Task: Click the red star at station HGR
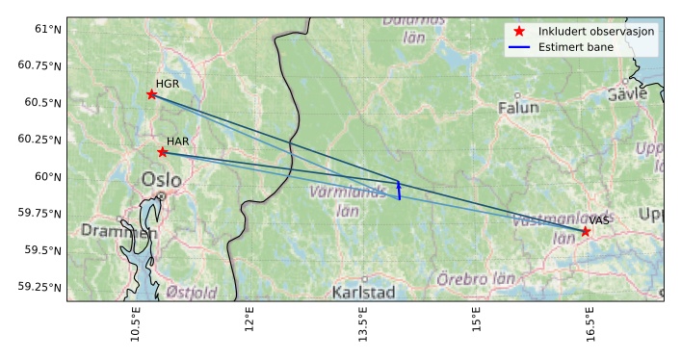tap(151, 93)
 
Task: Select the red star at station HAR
tap(162, 152)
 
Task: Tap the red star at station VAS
tap(586, 231)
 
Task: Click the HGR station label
tap(168, 84)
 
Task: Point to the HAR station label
tap(177, 141)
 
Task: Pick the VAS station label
tap(599, 220)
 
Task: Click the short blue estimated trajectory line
tap(399, 189)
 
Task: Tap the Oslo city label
tap(161, 180)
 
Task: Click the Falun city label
tap(518, 108)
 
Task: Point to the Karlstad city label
tap(363, 292)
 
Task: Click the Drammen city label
tap(118, 231)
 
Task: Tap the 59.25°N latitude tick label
tap(39, 287)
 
